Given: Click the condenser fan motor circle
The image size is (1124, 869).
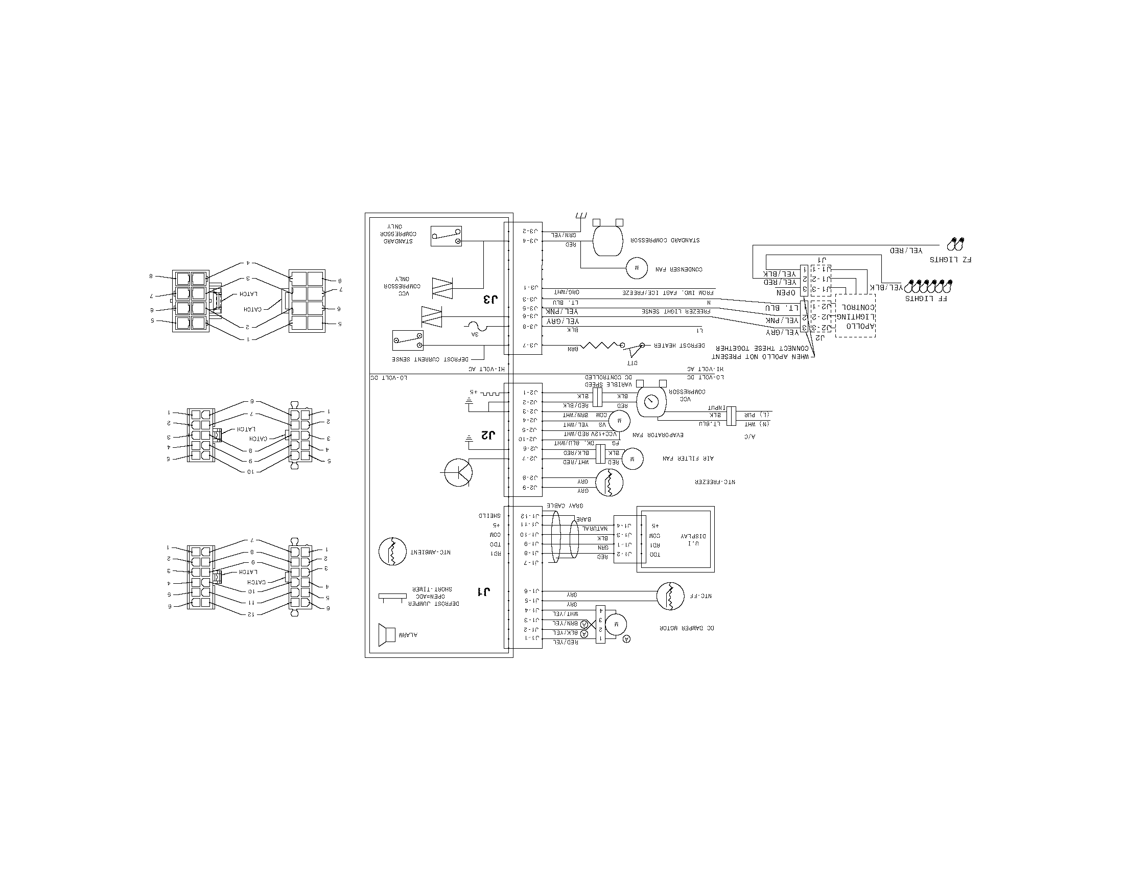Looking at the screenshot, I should pos(637,268).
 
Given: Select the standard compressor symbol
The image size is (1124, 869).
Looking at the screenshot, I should pos(608,240).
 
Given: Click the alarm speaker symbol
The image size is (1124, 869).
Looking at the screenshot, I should pos(387,635).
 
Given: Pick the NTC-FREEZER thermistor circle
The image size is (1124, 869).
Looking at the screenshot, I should pos(610,483).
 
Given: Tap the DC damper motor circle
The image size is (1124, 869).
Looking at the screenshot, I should pos(616,625).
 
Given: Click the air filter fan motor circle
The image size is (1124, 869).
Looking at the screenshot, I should pos(633,458).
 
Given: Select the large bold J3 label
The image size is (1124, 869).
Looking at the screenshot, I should pos(490,299).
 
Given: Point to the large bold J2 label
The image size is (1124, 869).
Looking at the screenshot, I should pos(487,435).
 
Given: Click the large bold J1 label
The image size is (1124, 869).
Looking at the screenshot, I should pos(484,591).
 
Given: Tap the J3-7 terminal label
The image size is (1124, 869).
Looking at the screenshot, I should pos(530,346).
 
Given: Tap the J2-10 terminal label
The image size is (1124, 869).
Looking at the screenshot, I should pos(530,439).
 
